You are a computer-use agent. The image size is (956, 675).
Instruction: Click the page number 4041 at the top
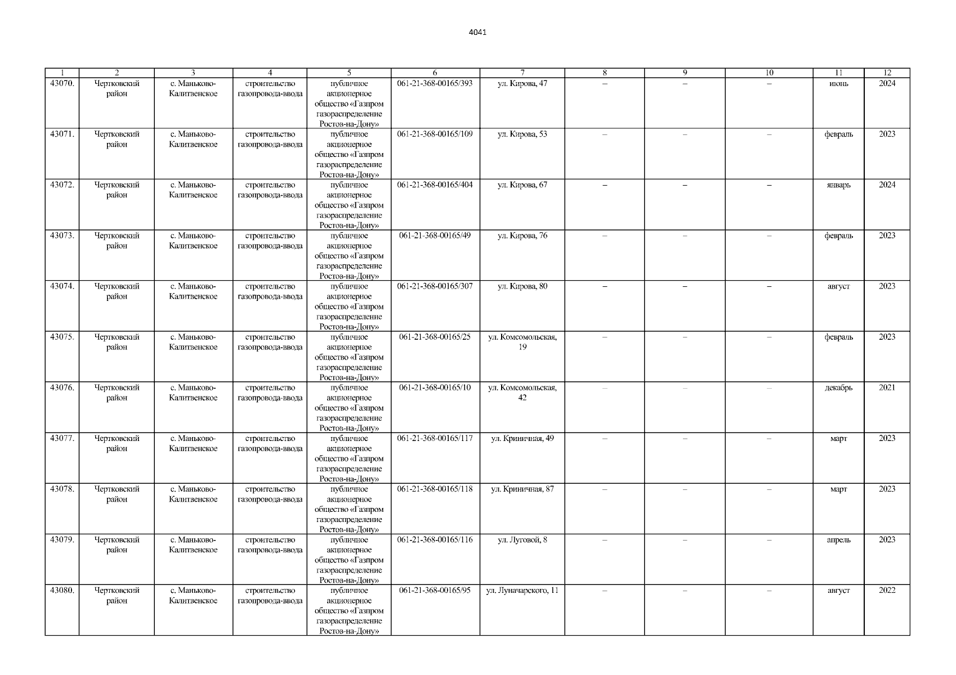point(477,32)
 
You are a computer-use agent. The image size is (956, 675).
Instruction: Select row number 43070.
point(62,84)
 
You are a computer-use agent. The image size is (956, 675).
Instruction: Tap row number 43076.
point(62,388)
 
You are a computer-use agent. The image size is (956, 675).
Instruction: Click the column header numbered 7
point(522,73)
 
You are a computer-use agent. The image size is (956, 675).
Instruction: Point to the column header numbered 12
point(887,73)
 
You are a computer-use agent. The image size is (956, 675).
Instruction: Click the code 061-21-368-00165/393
point(435,84)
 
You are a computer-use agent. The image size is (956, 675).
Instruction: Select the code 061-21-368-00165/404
point(435,185)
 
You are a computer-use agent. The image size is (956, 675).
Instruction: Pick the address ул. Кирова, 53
point(522,134)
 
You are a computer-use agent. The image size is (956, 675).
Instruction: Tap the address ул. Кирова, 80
point(522,286)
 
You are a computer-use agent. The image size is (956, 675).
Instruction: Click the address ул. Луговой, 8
point(522,540)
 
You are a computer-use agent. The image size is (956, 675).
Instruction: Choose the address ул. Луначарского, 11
point(522,591)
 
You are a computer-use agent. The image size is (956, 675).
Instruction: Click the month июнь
point(838,84)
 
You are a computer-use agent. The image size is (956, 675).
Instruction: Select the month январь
point(838,185)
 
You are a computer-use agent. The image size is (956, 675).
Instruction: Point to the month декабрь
point(838,388)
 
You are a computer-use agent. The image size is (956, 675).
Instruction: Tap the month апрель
point(838,540)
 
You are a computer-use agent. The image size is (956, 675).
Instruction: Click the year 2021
point(887,388)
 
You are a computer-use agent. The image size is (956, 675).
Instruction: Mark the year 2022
point(887,591)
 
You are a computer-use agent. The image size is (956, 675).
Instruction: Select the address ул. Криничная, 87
point(522,489)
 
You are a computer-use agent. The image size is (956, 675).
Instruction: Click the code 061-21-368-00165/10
point(435,388)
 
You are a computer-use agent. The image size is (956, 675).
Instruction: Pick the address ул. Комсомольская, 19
point(522,342)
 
